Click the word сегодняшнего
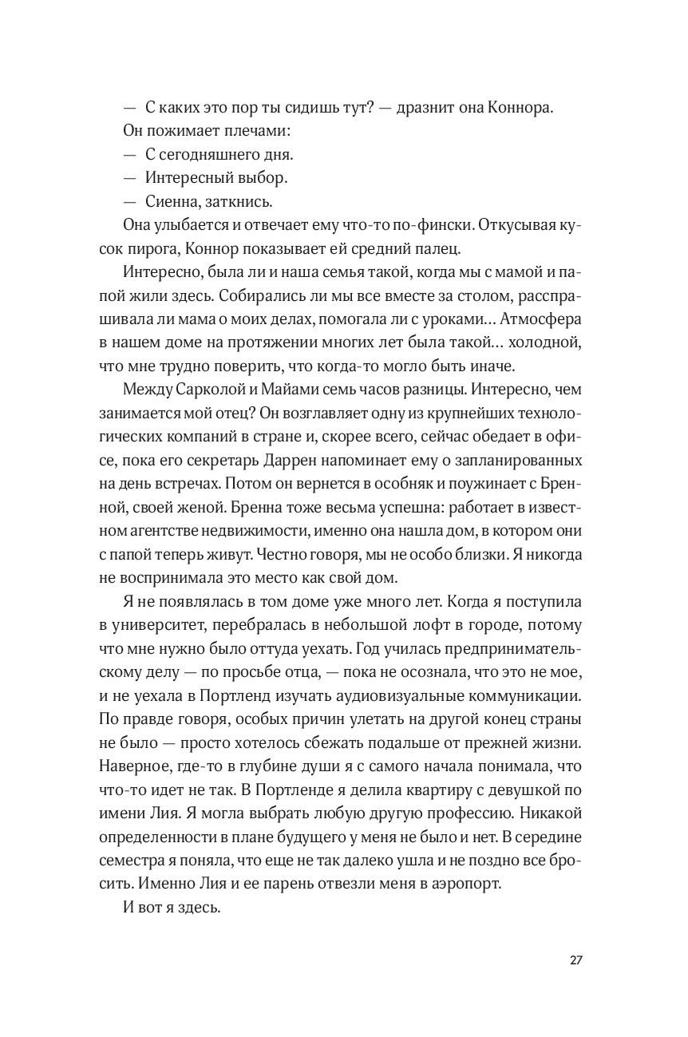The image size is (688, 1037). (204, 154)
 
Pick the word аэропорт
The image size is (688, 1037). (465, 884)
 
